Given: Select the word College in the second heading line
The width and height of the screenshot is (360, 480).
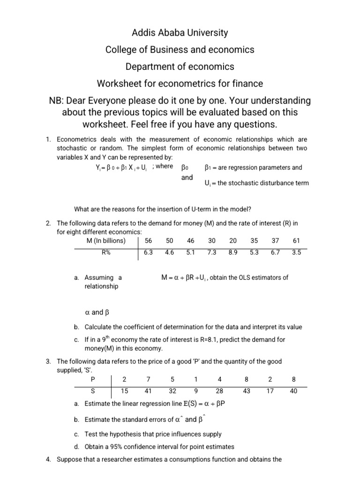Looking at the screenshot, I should [x=122, y=50].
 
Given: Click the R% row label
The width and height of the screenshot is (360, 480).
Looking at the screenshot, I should [x=105, y=252].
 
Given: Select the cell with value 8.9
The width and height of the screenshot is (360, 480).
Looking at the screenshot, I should [x=233, y=252].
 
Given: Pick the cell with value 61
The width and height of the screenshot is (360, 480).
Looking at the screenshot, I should [x=296, y=241].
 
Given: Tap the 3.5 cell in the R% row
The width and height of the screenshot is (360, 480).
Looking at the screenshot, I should [x=296, y=252].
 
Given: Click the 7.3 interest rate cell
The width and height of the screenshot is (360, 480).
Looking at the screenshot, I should [x=211, y=252].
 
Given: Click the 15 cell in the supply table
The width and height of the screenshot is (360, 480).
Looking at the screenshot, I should [x=124, y=390].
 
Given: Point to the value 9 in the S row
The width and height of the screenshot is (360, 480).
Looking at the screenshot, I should [x=195, y=390].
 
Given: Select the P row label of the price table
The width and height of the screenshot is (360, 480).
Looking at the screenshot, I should [x=92, y=379].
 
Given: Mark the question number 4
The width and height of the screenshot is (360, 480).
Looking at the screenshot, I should [x=48, y=459].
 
